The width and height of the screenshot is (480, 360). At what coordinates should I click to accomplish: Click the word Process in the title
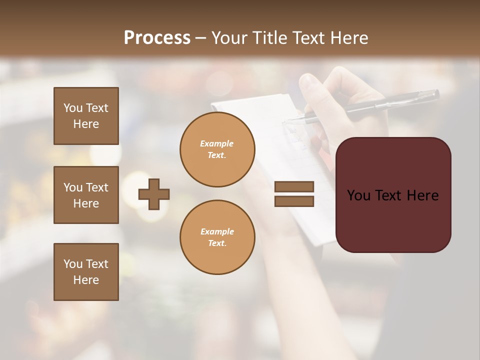[x=157, y=38]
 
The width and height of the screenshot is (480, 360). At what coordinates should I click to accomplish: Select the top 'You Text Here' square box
[x=86, y=116]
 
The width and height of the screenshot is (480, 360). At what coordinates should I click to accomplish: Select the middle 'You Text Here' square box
[x=86, y=195]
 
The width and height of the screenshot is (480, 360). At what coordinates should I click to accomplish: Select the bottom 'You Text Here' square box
[x=86, y=272]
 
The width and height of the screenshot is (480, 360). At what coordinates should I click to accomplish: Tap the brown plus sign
[x=154, y=194]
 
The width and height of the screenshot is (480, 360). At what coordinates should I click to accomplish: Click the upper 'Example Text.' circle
[x=217, y=149]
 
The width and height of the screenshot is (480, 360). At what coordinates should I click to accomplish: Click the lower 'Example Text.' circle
[x=217, y=237]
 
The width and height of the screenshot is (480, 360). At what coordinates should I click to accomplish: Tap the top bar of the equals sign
[x=294, y=186]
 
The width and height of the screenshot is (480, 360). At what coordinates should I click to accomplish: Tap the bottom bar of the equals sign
[x=294, y=201]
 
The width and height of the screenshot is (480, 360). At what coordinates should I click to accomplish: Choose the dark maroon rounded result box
[x=393, y=195]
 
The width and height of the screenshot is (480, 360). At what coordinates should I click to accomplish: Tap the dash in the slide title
[x=201, y=38]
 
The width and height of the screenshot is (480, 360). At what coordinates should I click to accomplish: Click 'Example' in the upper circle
[x=217, y=143]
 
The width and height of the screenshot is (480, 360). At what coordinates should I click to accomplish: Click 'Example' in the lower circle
[x=217, y=231]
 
